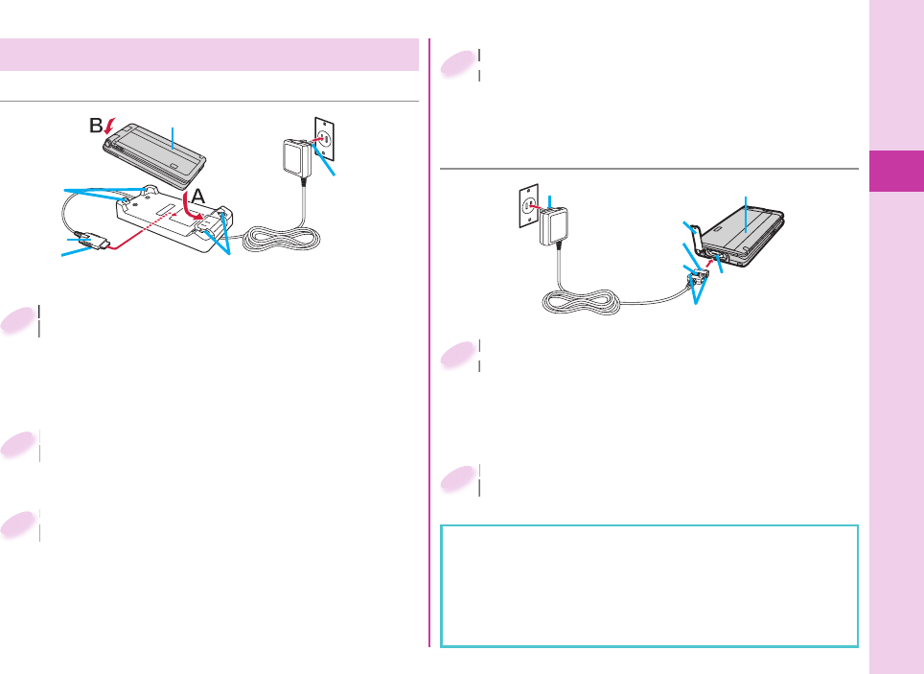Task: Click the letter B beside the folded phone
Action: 96,126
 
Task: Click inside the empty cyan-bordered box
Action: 649,585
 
